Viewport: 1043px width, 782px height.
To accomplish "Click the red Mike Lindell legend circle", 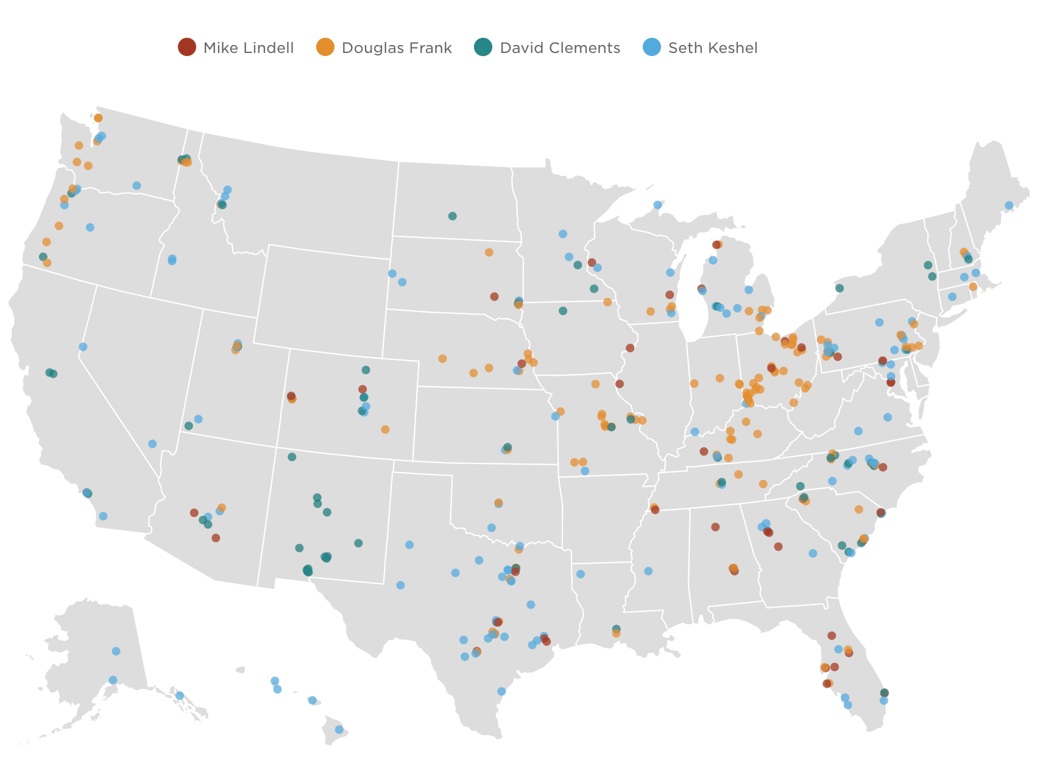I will click(186, 47).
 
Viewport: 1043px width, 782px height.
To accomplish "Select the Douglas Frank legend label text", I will click(397, 48).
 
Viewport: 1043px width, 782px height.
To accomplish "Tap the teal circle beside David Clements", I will click(483, 47).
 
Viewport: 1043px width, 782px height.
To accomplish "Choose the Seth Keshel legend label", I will click(713, 48).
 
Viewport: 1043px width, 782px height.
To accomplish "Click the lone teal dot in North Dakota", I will click(452, 216).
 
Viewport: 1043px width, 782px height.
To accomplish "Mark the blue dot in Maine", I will click(1009, 205).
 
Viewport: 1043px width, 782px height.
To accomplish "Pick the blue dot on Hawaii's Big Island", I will click(339, 730).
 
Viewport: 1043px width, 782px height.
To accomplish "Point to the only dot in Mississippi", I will click(648, 571).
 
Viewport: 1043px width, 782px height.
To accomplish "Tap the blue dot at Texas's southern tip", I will click(501, 691).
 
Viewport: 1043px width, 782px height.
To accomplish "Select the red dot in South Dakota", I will click(494, 297).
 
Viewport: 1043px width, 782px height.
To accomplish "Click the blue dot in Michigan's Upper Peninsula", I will click(657, 205).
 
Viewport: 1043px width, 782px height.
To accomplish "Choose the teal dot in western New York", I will click(840, 288).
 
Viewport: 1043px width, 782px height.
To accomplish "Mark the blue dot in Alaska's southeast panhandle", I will click(180, 696).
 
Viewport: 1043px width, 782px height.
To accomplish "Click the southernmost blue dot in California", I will click(103, 516).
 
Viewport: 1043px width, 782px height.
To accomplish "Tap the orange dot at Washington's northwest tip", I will click(98, 118).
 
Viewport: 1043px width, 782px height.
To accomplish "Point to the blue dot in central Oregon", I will click(90, 227).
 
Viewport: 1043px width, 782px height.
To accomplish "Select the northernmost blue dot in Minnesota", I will click(563, 234).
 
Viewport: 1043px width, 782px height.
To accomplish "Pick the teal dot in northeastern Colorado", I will click(366, 370).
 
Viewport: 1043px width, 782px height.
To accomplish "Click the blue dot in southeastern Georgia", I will click(813, 553).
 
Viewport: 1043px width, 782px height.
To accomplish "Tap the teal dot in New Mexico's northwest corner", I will click(292, 457).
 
